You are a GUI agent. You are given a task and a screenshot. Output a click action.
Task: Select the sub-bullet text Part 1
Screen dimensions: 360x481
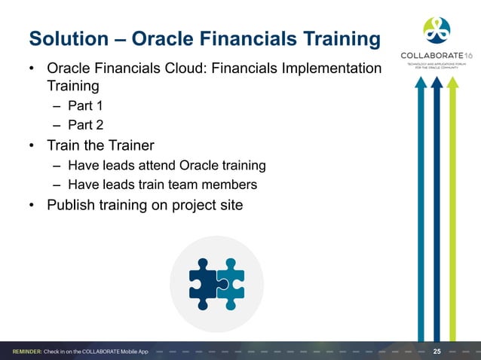[85, 106]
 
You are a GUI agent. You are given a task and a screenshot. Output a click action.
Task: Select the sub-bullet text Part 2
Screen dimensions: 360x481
[85, 124]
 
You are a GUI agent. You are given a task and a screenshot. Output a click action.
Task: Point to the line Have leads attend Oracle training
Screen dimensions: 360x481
[167, 165]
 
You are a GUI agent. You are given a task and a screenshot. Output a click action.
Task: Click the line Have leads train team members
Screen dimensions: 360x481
[162, 185]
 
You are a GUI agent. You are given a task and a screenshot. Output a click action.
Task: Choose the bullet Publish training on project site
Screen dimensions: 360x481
[145, 204]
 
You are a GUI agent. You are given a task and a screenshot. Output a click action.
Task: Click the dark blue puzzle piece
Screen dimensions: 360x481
[204, 283]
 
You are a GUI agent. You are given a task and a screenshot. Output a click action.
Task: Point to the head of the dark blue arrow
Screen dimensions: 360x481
[437, 84]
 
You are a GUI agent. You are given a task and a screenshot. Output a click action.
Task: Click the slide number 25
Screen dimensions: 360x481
[437, 352]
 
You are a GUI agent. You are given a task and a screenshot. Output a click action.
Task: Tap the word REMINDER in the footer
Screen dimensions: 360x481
[26, 352]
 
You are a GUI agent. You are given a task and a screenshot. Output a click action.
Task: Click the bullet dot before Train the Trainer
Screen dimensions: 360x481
[32, 145]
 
